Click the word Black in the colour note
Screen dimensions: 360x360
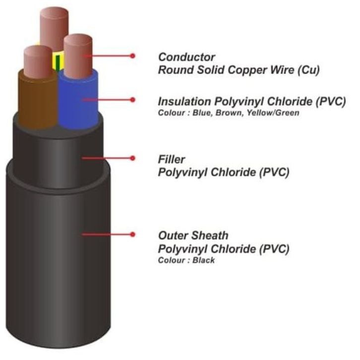(204, 260)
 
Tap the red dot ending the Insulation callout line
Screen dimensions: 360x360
(132, 100)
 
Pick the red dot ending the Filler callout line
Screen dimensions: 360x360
(132, 158)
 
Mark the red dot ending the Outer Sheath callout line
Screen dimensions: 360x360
(132, 234)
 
